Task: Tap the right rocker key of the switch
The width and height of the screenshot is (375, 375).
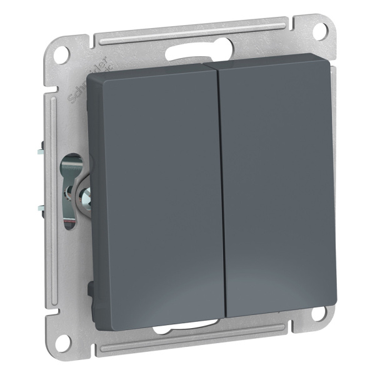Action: coord(278,184)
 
